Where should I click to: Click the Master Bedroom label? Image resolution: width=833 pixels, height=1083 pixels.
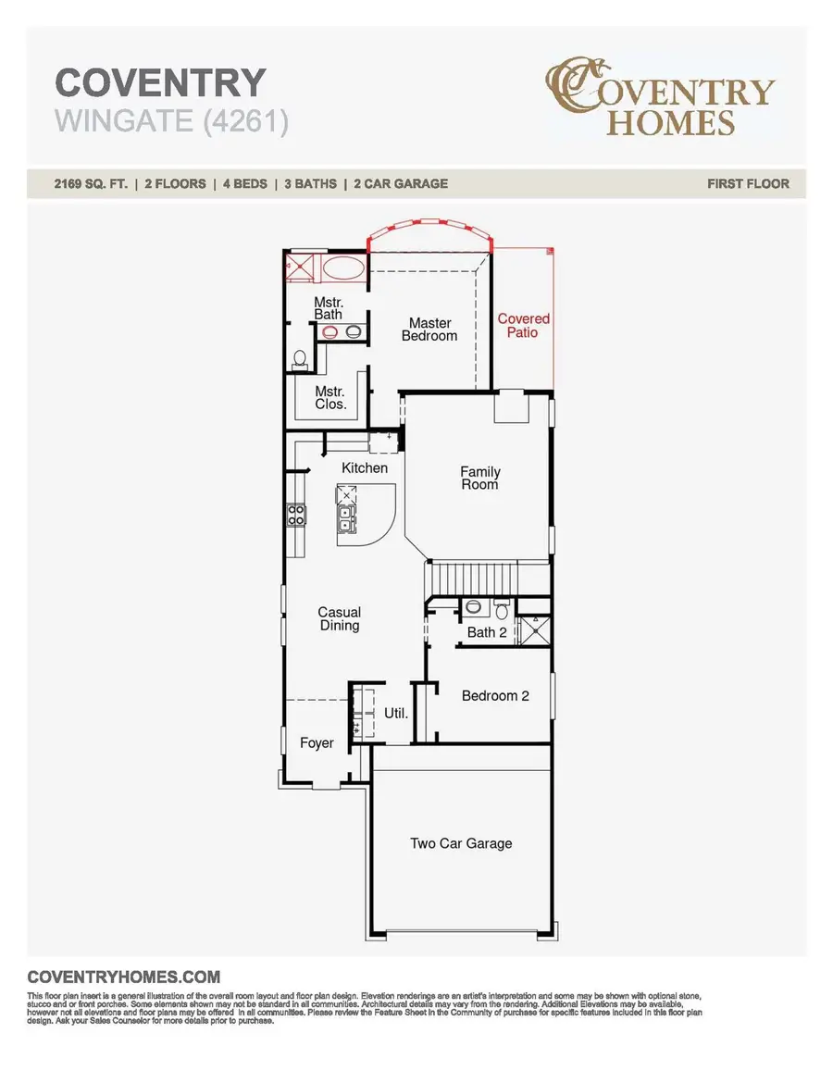point(429,330)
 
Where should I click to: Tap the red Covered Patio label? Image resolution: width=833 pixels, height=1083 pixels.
point(523,325)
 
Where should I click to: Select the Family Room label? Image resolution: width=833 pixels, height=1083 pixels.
point(479,478)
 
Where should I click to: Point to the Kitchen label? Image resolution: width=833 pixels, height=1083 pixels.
point(365,468)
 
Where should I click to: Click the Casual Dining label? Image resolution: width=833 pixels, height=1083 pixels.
point(339,618)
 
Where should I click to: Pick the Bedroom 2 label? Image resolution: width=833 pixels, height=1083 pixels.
point(495,695)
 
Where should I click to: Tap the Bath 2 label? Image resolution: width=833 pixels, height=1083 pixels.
point(487,632)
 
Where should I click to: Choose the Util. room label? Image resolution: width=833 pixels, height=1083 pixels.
point(396,714)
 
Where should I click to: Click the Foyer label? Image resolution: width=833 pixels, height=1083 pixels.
point(317,743)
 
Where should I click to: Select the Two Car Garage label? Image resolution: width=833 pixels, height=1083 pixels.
point(461,843)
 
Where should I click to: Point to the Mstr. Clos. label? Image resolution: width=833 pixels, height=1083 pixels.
point(330,398)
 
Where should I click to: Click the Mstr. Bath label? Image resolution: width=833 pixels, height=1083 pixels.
point(328,308)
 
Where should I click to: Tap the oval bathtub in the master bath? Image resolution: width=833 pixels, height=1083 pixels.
point(342,269)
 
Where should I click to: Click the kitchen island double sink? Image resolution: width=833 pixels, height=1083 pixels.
point(345,518)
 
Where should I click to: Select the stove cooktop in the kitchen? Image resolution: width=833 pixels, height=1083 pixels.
point(296,515)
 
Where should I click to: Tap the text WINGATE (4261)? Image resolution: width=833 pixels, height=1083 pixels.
point(171,121)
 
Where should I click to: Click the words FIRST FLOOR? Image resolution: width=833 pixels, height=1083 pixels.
point(748,183)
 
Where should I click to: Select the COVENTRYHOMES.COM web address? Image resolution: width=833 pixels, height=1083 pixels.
point(124,977)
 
